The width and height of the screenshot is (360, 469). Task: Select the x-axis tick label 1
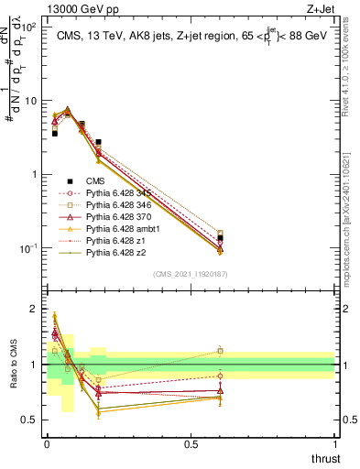coord(334,442)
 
